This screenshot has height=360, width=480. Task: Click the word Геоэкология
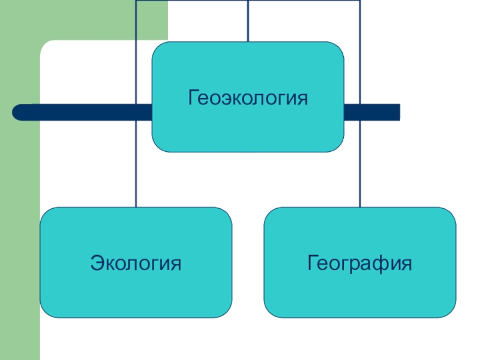pos(248,97)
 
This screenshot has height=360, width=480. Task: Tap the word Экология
pos(136,263)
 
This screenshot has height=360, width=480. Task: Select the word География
pos(360,263)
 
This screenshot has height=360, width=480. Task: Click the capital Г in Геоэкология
pos(193,97)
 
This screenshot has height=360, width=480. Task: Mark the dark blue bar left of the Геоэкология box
pos(84,112)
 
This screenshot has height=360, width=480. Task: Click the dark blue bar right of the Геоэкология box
pos(372,112)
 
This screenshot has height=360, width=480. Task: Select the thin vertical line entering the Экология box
pos(136,180)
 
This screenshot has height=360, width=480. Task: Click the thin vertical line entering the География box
pos(361,180)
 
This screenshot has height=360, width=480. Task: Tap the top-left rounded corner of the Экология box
pos(45,212)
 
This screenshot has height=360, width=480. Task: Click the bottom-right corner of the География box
pos(451,313)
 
